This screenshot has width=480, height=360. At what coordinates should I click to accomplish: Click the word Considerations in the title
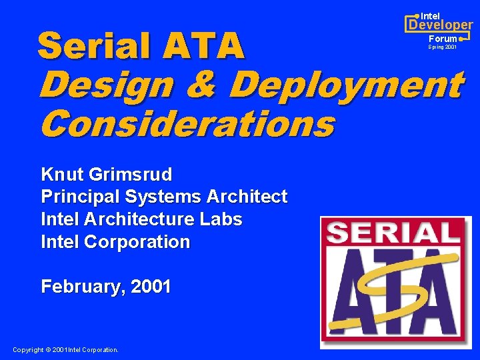pyautogui.click(x=187, y=123)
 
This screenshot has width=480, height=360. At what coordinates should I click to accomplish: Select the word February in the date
pyautogui.click(x=83, y=287)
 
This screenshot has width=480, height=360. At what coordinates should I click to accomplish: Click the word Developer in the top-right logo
pyautogui.click(x=440, y=25)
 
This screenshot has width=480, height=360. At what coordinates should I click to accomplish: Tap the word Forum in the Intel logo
pyautogui.click(x=443, y=39)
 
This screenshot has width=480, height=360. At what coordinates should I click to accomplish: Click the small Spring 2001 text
pyautogui.click(x=443, y=48)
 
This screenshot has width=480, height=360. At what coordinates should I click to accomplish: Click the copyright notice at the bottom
pyautogui.click(x=65, y=349)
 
